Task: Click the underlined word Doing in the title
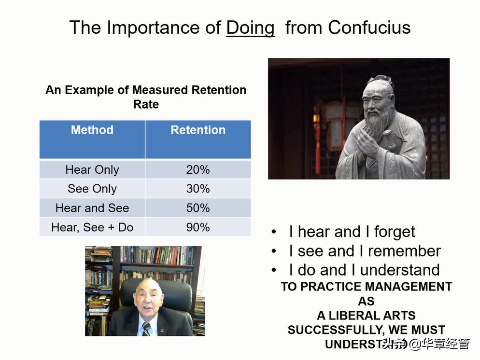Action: pos(250,28)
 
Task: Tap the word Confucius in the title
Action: pos(369,28)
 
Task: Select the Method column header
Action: pos(92,130)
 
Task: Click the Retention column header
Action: pos(198,130)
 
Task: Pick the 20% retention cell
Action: pos(198,169)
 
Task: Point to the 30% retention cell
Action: pos(198,189)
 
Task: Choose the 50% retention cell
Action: pos(198,208)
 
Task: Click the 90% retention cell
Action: pos(198,227)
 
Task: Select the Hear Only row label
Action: pos(92,170)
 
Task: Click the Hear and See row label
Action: pos(92,208)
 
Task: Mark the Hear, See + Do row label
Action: pos(92,228)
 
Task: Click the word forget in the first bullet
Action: pos(395,232)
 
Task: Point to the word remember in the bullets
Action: pos(404,251)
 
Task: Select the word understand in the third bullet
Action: pos(400,270)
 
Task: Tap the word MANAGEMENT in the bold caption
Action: pos(409,287)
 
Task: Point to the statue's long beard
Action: pos(379,124)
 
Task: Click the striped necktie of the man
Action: pos(147,329)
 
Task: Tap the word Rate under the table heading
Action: pos(146,104)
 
